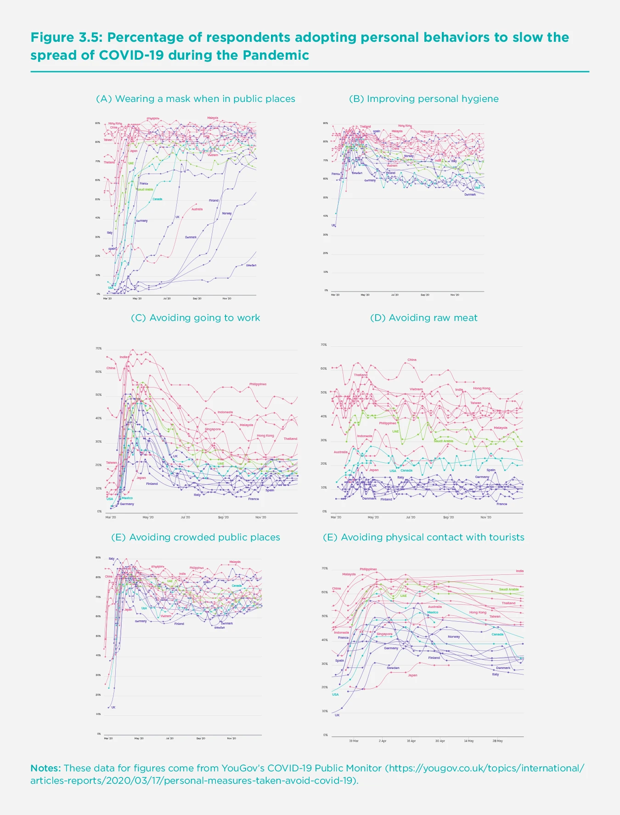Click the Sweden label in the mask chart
click(x=251, y=265)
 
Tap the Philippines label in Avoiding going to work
click(x=258, y=384)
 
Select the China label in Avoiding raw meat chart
click(x=412, y=360)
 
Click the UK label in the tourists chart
click(x=337, y=715)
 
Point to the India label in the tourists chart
click(x=519, y=571)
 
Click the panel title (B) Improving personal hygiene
click(x=423, y=99)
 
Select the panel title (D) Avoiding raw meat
click(x=423, y=318)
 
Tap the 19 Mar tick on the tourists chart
click(x=354, y=741)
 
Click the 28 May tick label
click(x=497, y=741)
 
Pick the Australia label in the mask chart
click(x=197, y=209)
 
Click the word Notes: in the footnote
click(x=45, y=768)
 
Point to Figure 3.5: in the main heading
click(x=67, y=38)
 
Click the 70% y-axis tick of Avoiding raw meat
click(x=324, y=345)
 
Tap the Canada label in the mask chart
click(x=157, y=199)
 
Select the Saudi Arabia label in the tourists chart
click(x=508, y=590)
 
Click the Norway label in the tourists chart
click(x=454, y=637)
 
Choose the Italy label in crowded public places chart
click(x=112, y=559)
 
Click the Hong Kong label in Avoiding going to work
click(x=265, y=435)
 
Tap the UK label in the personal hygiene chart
click(x=333, y=225)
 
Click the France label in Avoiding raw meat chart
click(x=502, y=504)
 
